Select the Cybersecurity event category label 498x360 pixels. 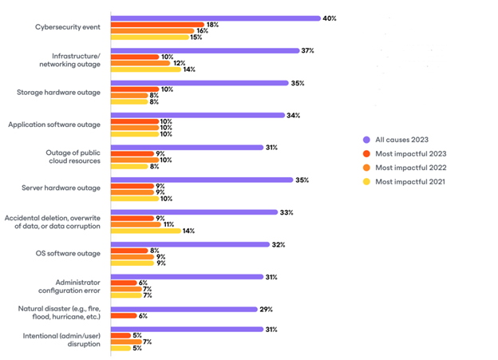tap(67, 27)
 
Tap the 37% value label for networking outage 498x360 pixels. tap(307, 50)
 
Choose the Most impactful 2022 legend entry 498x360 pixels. tap(409, 168)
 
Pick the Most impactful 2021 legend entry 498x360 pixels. tap(409, 183)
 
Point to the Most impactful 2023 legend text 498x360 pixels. tap(409, 153)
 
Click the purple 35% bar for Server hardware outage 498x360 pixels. tap(200, 180)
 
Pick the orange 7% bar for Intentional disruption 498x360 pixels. tap(125, 341)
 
